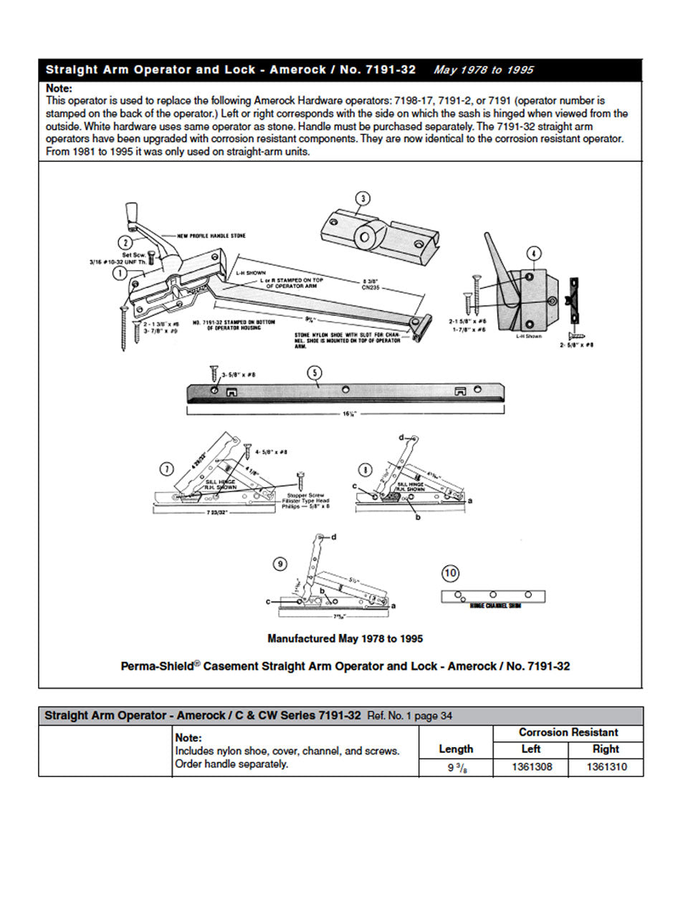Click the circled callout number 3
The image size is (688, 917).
pos(363,198)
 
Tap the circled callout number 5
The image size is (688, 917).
pos(314,373)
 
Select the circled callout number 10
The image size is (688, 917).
pos(450,573)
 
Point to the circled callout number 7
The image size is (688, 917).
pos(166,469)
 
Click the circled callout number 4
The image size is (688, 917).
pos(533,254)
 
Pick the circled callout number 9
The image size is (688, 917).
pos(280,564)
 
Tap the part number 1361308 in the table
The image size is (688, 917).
pos(531,767)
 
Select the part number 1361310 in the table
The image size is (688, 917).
pos(606,767)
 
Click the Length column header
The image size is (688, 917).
pos(456,749)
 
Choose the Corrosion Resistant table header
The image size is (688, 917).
pos(568,732)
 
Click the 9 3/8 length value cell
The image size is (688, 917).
pos(456,767)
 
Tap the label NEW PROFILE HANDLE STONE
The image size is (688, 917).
pos(212,236)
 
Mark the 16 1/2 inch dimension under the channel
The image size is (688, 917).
pos(346,414)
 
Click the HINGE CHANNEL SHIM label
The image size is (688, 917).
pos(495,606)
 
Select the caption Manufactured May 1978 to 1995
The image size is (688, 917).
pos(345,638)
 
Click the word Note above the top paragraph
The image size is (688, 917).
pos(59,88)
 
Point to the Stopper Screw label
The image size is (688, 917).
pos(307,495)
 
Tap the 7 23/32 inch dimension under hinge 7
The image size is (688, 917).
pos(213,512)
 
